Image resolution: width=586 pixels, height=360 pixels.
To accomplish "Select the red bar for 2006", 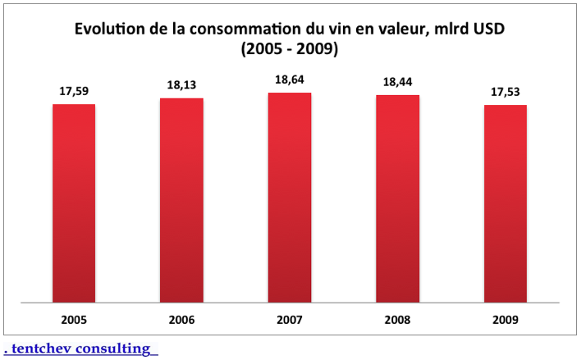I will (181, 201).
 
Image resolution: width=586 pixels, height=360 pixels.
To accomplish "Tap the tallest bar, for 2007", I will (290, 198).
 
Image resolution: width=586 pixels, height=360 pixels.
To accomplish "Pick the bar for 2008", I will (397, 199).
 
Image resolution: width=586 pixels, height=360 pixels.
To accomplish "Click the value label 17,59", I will (74, 91).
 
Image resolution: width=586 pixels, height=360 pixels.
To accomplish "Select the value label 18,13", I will (181, 85).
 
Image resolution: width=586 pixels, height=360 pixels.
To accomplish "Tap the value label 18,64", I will (290, 80).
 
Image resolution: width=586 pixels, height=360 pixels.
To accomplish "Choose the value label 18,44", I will (397, 83).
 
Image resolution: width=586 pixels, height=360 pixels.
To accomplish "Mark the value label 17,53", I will (506, 92).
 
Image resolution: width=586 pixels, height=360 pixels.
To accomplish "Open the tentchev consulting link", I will (80, 349).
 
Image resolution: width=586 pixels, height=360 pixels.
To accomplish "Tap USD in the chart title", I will (488, 29).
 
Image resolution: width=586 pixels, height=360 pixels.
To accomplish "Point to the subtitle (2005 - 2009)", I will (290, 49).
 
